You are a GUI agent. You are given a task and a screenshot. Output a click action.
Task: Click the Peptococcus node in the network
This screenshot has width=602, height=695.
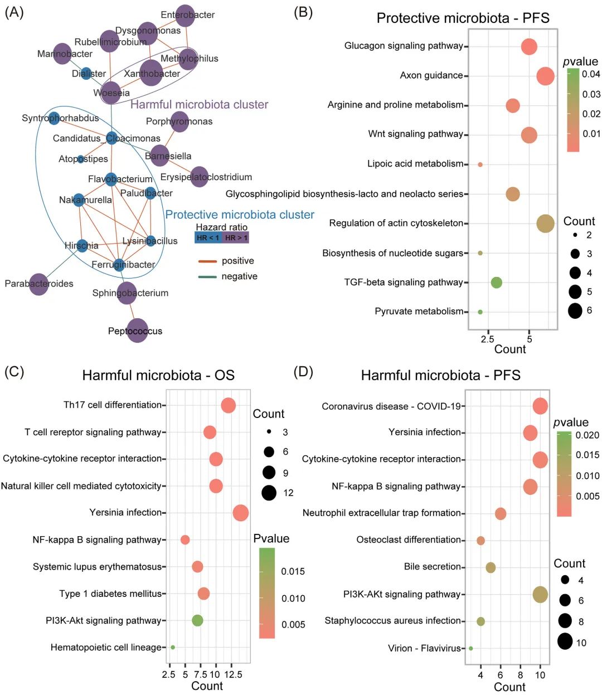(x=137, y=331)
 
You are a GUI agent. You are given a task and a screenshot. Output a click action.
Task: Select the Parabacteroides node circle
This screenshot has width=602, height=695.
(x=39, y=284)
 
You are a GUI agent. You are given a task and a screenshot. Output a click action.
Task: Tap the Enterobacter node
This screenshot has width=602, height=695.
(x=185, y=15)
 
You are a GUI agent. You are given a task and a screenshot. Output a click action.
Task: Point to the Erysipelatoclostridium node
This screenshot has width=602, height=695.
(x=199, y=177)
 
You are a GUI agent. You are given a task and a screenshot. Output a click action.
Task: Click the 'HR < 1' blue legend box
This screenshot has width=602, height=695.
(x=208, y=237)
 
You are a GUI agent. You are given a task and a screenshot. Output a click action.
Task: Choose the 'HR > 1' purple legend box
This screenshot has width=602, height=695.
(x=236, y=237)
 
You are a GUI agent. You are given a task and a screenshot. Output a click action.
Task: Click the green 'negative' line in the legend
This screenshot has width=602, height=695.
(x=208, y=276)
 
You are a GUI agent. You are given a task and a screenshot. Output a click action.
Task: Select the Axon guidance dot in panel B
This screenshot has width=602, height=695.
(x=545, y=76)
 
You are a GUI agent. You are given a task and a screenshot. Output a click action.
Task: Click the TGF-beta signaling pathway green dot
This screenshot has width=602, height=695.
(x=496, y=283)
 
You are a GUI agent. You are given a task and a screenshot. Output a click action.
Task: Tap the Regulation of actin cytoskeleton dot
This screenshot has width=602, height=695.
(x=545, y=223)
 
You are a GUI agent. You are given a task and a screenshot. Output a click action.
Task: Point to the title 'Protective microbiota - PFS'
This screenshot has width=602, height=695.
(x=463, y=18)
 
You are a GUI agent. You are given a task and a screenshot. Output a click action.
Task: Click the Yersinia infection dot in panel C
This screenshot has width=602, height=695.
(x=240, y=513)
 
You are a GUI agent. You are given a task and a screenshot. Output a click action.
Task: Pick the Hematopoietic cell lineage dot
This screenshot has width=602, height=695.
(x=173, y=647)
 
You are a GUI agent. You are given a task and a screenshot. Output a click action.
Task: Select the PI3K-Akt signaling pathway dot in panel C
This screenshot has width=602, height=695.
(x=197, y=620)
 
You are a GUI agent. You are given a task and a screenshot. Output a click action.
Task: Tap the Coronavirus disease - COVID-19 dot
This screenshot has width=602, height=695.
(x=540, y=406)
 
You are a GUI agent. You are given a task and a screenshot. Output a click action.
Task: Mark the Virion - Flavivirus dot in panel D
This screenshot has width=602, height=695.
(x=471, y=648)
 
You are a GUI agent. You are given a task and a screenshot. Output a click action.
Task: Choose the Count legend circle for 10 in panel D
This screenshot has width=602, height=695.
(x=565, y=642)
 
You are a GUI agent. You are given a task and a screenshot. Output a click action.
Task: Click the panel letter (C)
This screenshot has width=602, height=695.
(x=14, y=372)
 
